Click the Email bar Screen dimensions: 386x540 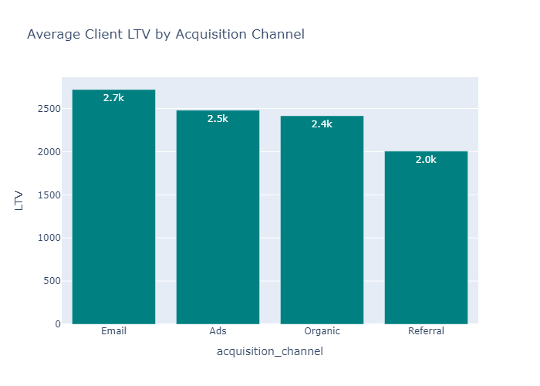pyautogui.click(x=113, y=208)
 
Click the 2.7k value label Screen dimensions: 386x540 pyautogui.click(x=113, y=98)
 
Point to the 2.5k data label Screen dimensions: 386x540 pyautogui.click(x=218, y=118)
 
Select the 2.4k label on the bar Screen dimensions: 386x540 pyautogui.click(x=322, y=124)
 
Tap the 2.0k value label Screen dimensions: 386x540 pyautogui.click(x=426, y=160)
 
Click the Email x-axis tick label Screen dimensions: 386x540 pyautogui.click(x=113, y=331)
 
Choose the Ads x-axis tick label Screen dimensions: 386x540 pyautogui.click(x=218, y=331)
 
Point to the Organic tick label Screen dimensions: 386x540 pyautogui.click(x=322, y=331)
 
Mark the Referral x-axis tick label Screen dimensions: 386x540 pyautogui.click(x=426, y=331)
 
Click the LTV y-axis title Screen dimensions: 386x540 pyautogui.click(x=21, y=201)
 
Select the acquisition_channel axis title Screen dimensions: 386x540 pyautogui.click(x=270, y=352)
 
